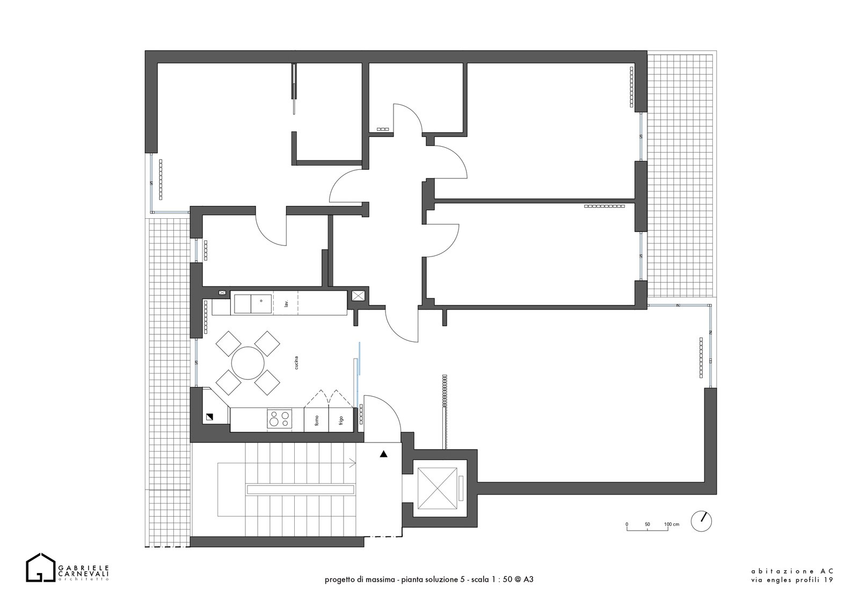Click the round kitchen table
(x=247, y=363)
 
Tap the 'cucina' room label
(x=296, y=363)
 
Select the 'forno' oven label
(x=317, y=421)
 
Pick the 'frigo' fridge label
(x=341, y=420)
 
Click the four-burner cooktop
(x=280, y=419)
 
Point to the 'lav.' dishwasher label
(x=286, y=303)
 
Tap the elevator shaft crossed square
(x=437, y=488)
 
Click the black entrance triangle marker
(x=383, y=454)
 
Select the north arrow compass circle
(x=701, y=521)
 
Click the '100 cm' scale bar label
(x=672, y=524)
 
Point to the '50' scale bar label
(x=647, y=524)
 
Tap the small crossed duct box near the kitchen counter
(x=358, y=296)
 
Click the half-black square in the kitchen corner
(x=209, y=416)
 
